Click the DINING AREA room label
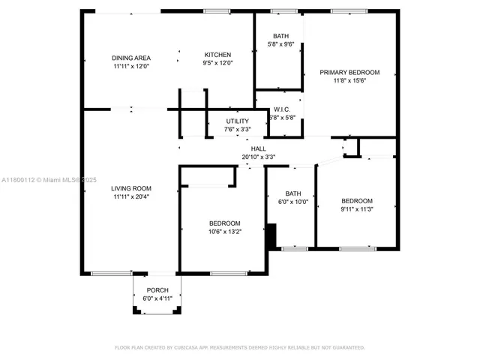tap(131, 58)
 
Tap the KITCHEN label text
tap(217, 55)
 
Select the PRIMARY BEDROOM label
tap(349, 72)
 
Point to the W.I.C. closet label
tap(282, 109)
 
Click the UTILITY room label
tap(237, 121)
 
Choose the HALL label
tap(258, 148)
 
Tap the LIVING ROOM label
tap(131, 188)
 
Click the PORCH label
tap(157, 290)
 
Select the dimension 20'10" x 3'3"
tap(258, 157)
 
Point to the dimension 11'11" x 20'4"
tap(131, 196)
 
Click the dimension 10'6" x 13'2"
tap(224, 232)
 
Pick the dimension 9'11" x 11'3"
tap(357, 209)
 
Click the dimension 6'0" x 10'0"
tap(292, 202)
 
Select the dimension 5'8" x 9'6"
tap(280, 44)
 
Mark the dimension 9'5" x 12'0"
tap(217, 63)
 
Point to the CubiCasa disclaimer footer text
tap(239, 348)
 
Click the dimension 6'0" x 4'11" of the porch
tap(157, 298)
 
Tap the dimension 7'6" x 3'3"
tap(237, 129)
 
